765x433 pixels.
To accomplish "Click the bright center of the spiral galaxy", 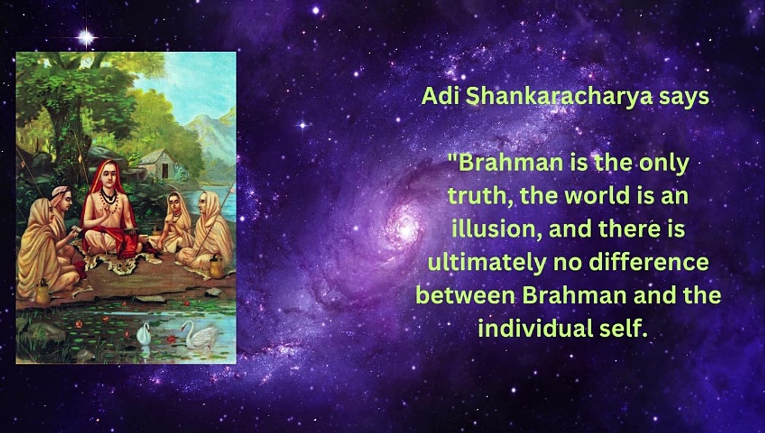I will (x=407, y=227).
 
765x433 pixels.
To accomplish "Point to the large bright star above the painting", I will (x=87, y=37).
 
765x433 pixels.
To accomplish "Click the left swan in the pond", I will (x=143, y=334).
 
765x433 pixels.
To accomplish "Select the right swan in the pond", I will (x=199, y=334).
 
